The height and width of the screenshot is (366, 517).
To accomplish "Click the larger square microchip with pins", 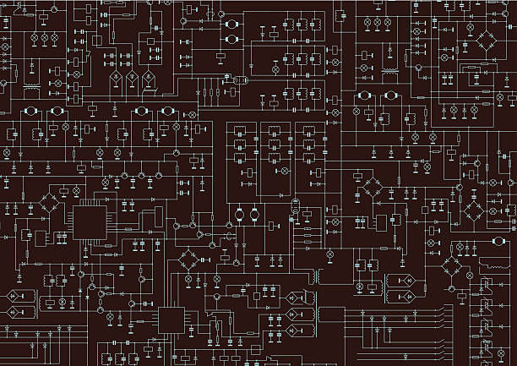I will coord(90,222).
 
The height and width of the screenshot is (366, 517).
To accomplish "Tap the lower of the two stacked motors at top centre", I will coord(230,40).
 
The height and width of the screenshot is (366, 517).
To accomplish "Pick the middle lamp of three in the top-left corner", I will coord(47,39).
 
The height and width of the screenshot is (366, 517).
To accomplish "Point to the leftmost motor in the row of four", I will coord(30,112).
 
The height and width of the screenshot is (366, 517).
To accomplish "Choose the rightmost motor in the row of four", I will coord(166,112).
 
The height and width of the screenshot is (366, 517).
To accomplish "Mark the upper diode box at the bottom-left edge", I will coord(16,297).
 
